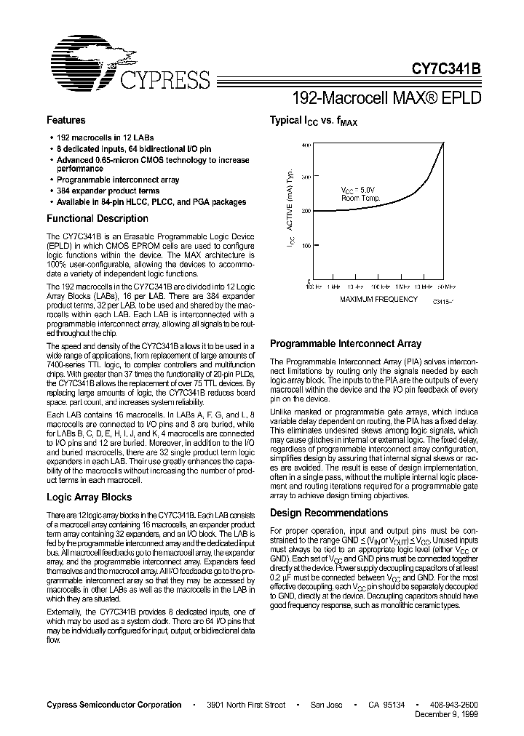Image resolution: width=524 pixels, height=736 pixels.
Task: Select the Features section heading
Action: click(65, 120)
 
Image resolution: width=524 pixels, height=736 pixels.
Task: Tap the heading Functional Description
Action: click(98, 218)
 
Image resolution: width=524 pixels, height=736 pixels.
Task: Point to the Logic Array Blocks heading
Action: click(89, 497)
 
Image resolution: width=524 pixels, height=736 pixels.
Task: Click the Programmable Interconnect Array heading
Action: click(345, 343)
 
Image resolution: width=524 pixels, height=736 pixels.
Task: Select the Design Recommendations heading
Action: click(329, 513)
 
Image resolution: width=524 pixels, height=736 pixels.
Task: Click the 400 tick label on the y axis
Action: click(306, 145)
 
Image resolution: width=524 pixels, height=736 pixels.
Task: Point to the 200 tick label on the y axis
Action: click(306, 212)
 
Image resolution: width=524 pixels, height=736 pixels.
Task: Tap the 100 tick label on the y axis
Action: click(306, 246)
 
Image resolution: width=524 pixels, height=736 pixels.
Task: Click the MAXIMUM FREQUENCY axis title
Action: click(378, 299)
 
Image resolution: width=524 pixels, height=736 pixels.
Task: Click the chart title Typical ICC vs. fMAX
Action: click(314, 121)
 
